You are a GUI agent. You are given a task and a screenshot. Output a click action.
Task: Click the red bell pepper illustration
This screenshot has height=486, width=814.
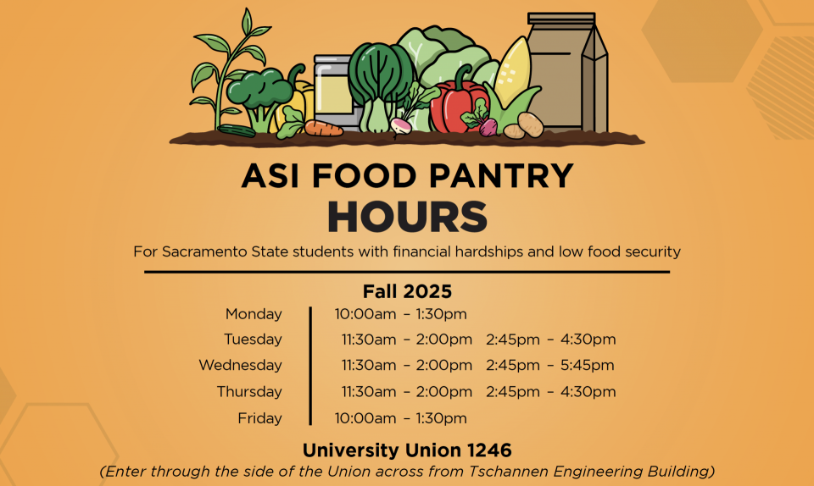coord(457,106)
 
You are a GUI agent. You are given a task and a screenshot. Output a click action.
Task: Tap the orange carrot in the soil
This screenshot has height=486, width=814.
coord(323,128)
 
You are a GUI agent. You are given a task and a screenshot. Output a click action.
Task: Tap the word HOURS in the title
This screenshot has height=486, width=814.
coord(408,217)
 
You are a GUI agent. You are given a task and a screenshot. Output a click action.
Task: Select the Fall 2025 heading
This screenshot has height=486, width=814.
coord(408,291)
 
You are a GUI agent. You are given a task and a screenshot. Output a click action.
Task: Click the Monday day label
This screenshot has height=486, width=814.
coord(254,314)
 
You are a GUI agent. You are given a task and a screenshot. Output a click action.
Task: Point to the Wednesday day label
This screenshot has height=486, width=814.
coord(240,365)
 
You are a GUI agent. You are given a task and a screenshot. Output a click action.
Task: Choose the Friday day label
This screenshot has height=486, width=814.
coord(259,418)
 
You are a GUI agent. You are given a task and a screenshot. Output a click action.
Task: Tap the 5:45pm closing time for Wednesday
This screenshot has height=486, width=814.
coord(587,365)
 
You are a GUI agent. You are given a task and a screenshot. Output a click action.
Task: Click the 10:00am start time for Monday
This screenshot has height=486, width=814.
coord(365,314)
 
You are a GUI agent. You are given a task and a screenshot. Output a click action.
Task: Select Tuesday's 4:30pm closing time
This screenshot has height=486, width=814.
coord(588,340)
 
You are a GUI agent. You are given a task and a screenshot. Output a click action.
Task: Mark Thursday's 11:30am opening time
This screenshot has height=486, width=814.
coord(369,392)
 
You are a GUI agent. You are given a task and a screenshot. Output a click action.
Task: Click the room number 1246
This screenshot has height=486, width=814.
coord(489,450)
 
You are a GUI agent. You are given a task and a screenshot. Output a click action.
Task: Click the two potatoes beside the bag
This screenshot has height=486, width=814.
coord(523,126)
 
